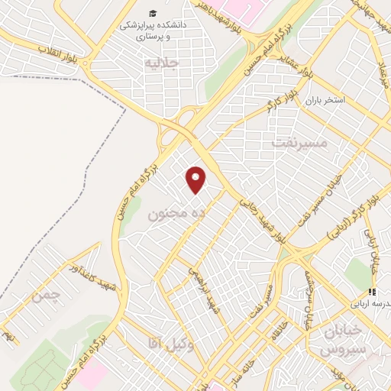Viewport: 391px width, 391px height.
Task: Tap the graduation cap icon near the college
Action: click(153, 13)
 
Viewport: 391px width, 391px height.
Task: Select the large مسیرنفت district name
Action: click(299, 142)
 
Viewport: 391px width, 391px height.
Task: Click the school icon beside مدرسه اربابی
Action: click(372, 292)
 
